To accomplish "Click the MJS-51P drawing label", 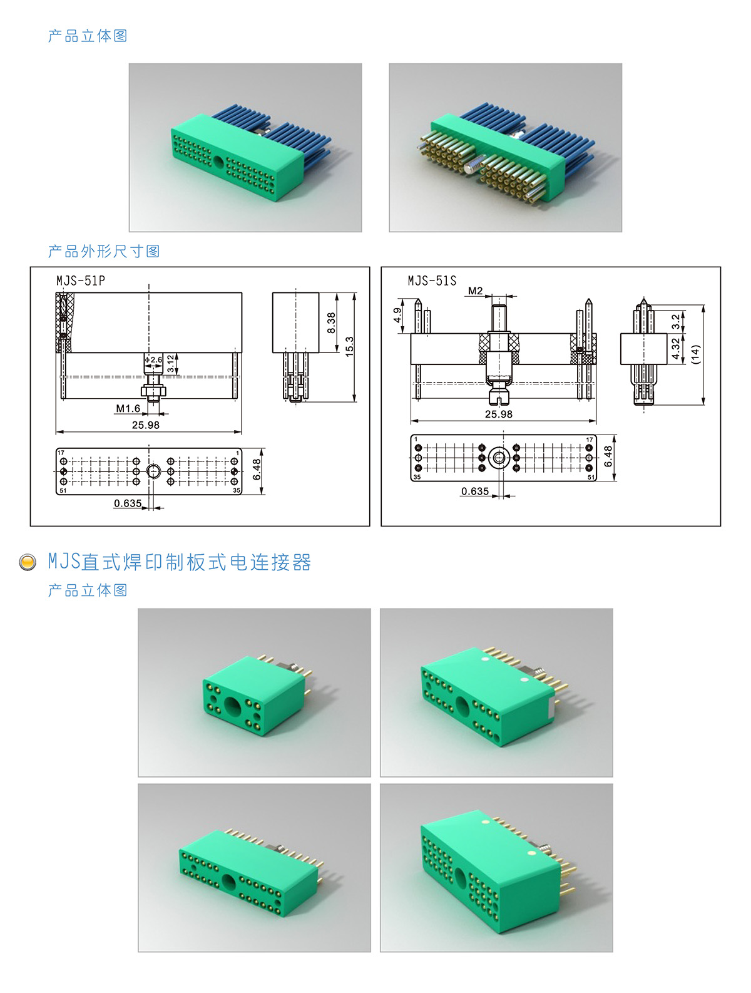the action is point(81,280).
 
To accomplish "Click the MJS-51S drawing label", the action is point(432,280).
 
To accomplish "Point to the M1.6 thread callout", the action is point(128,408).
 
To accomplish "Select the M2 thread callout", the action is point(475,291).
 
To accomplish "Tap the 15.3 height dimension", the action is point(349,346).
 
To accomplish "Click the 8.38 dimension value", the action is point(331,322).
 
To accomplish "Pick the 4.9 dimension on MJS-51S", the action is point(397,315).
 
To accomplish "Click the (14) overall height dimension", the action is point(696,354).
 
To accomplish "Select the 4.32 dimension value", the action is point(675,349).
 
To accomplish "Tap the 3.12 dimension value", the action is point(170,363).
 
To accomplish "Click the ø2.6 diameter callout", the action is point(153,359).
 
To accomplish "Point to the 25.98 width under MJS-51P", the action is point(146,424).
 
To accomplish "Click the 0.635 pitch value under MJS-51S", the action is point(475,491).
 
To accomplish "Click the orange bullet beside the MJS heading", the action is point(28,562).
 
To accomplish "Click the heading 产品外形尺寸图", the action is point(104,251).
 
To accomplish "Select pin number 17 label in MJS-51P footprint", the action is point(61,453).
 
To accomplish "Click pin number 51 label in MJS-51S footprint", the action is point(591,477).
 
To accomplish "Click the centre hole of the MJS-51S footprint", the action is point(499,458).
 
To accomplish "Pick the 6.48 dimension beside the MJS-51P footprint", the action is point(257,470).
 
